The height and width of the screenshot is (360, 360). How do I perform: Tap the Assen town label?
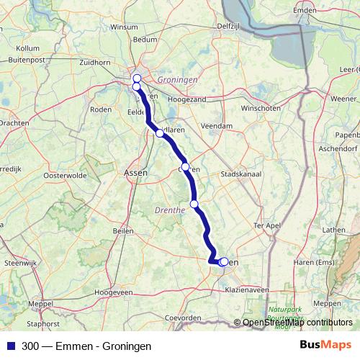pos(135,173)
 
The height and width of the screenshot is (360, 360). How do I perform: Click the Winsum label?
pos(124,27)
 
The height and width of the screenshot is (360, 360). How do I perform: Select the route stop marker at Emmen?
pos(224,262)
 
